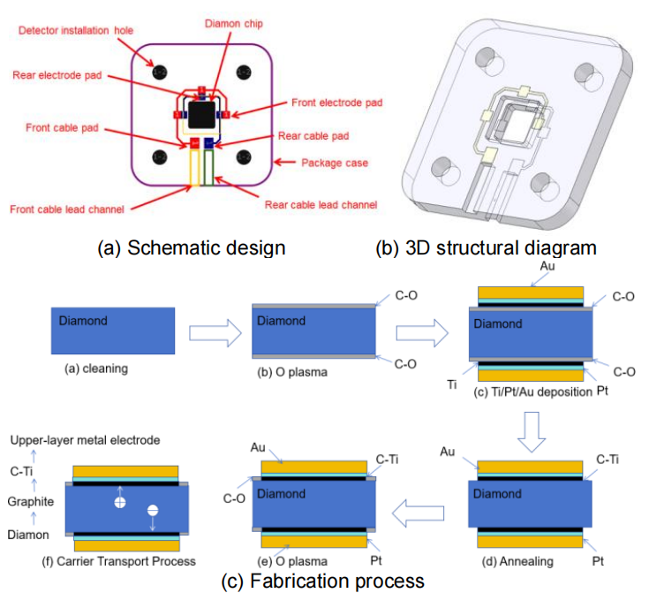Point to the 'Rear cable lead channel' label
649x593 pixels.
(x=321, y=205)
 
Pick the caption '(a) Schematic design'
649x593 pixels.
(x=192, y=247)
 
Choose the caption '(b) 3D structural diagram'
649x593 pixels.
(x=487, y=247)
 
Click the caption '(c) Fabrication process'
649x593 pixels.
(x=323, y=580)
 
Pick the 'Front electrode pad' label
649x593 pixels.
(x=337, y=103)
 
